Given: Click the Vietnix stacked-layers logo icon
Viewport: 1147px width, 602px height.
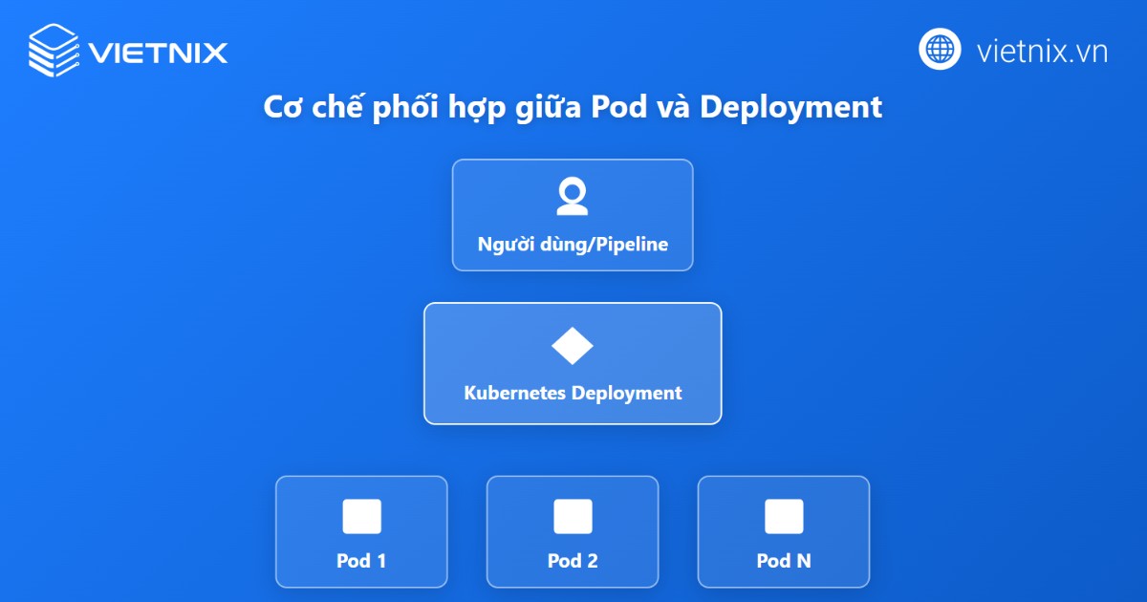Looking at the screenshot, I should point(53,50).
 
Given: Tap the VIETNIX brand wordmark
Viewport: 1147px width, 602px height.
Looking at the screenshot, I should point(158,51).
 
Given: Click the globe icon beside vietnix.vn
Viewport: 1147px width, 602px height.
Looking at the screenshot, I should point(940,49).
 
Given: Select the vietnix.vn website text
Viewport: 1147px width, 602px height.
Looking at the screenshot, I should point(1042,51).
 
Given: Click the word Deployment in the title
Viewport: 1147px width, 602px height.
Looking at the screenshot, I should point(790,108).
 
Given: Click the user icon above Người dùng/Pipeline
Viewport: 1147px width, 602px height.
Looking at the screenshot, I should point(573,197).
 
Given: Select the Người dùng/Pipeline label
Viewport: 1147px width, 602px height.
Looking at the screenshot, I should point(573,245).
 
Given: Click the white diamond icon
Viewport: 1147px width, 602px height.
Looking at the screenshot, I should point(573,346).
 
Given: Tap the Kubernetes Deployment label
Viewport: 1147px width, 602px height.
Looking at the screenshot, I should point(573,393).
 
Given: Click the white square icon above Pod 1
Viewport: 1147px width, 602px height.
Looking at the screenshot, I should point(361,517).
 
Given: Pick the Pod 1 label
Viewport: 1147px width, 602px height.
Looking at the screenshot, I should point(361,561).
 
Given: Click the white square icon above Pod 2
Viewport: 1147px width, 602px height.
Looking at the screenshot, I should point(573,517).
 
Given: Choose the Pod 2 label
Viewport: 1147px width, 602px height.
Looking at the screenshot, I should point(573,561).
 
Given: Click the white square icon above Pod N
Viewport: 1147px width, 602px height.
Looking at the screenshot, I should point(784,517).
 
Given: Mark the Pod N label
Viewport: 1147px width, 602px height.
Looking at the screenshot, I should point(784,561).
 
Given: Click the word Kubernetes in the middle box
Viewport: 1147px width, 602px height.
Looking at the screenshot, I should point(514,393).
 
